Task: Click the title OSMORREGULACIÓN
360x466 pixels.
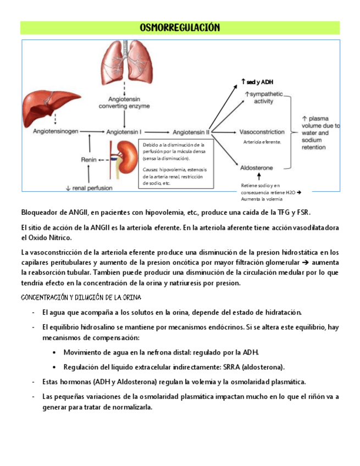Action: tap(180, 27)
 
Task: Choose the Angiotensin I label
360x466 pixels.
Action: tap(124, 132)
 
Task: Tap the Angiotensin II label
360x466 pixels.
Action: tap(191, 132)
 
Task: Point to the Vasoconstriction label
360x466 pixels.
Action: tap(262, 132)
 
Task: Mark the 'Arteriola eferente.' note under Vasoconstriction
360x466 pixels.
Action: tap(262, 142)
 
